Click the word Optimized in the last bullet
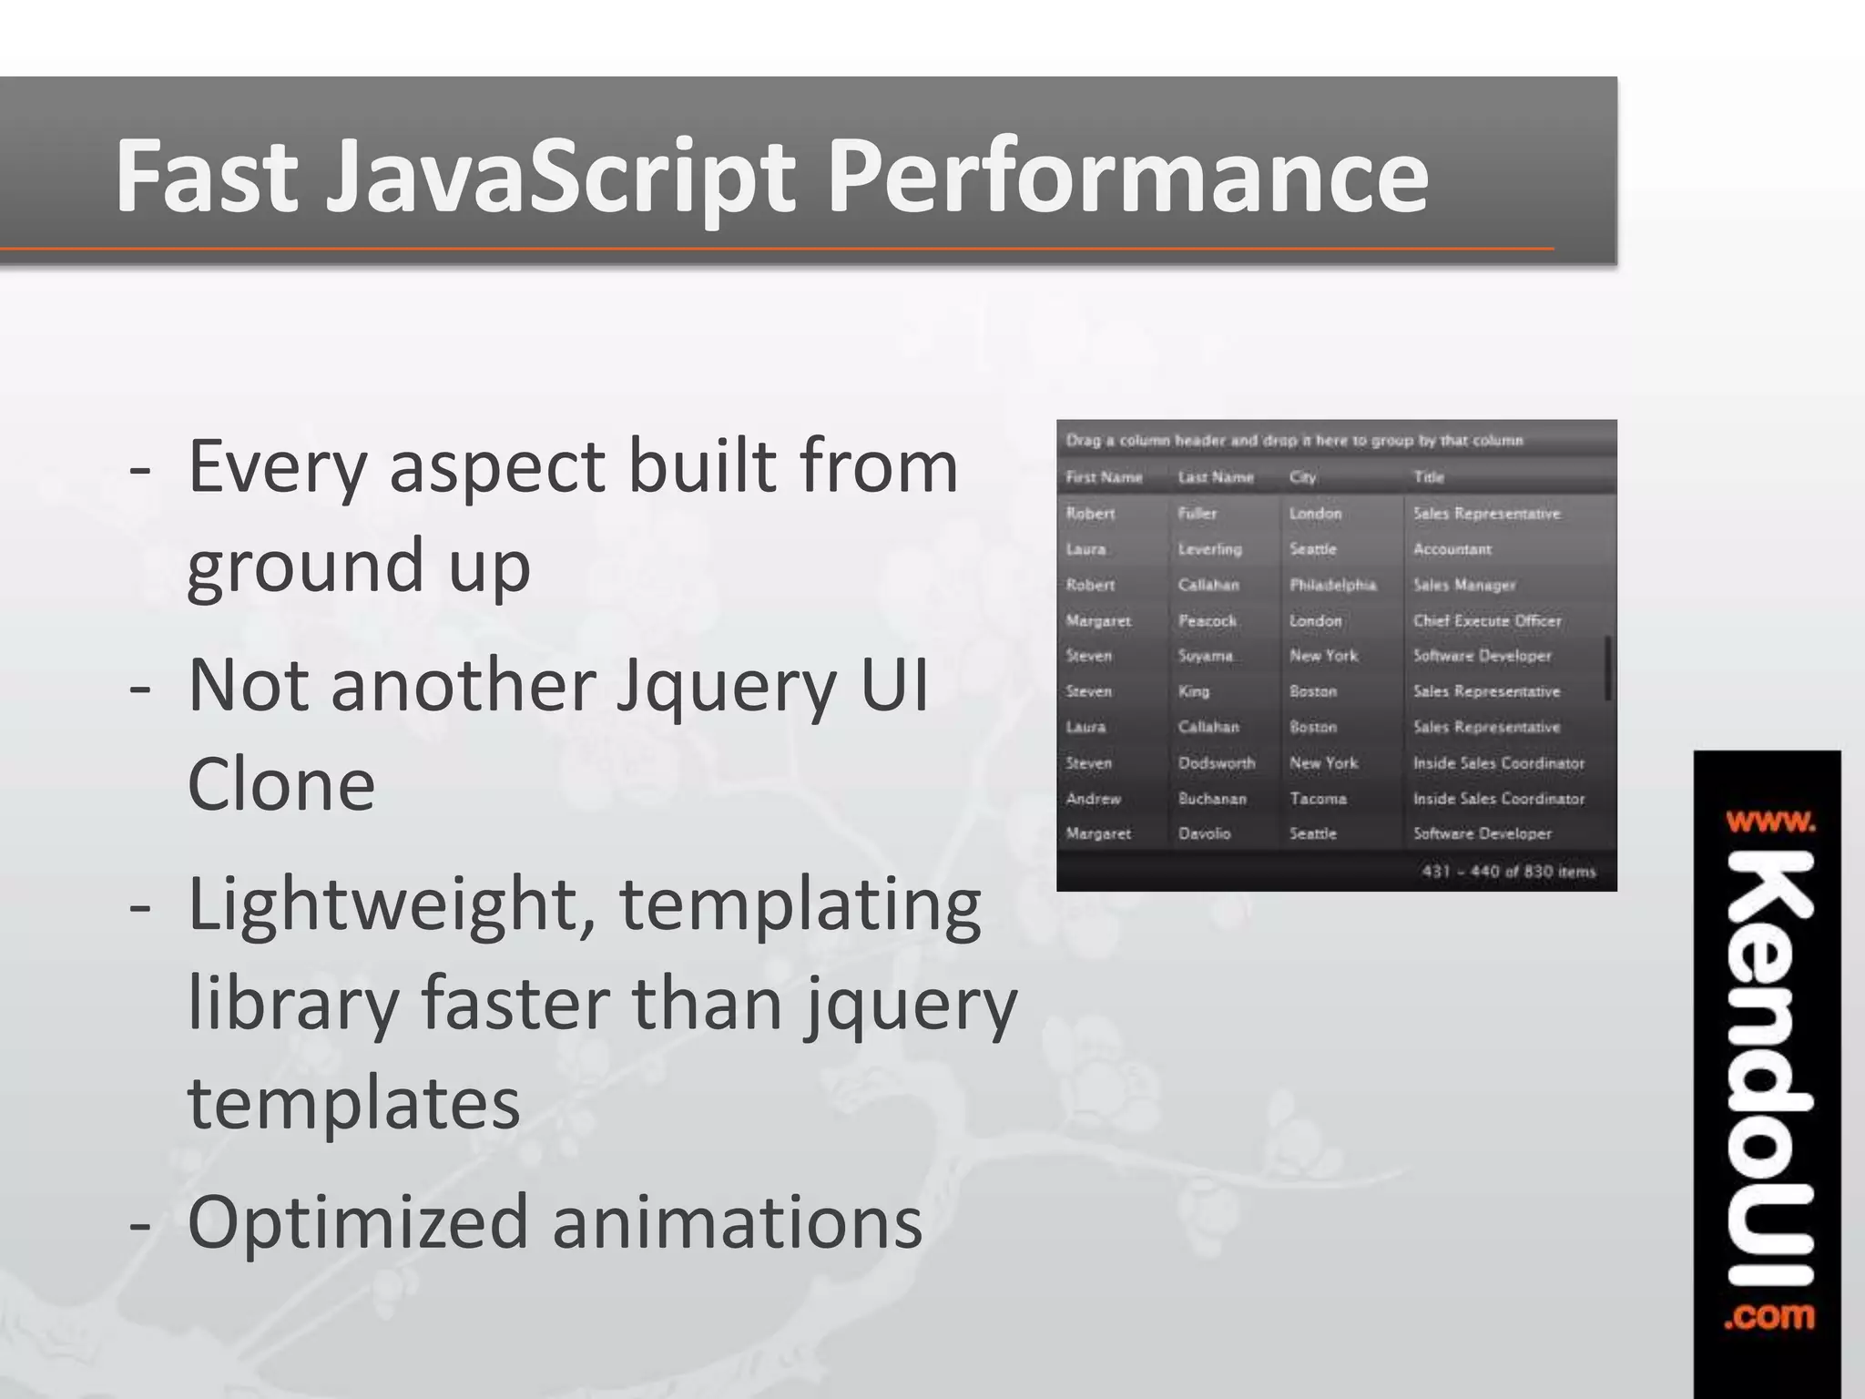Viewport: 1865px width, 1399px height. (x=357, y=1222)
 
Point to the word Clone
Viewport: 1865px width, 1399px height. (x=280, y=785)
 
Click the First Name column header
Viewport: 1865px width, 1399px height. (x=1104, y=477)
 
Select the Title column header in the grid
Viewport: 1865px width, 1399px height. (x=1428, y=477)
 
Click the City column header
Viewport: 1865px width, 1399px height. (x=1302, y=477)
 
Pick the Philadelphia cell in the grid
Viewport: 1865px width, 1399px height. (x=1332, y=585)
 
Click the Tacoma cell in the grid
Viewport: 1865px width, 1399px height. (x=1318, y=799)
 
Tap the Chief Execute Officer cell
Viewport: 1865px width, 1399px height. (x=1486, y=621)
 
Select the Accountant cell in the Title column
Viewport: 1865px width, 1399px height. (x=1452, y=549)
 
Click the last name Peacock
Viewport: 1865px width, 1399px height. (x=1207, y=621)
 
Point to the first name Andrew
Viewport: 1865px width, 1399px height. (x=1093, y=799)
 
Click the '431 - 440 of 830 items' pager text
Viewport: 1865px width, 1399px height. (x=1508, y=872)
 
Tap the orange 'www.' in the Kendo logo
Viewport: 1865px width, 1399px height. (x=1769, y=822)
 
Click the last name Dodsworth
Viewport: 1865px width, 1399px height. (x=1216, y=763)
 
